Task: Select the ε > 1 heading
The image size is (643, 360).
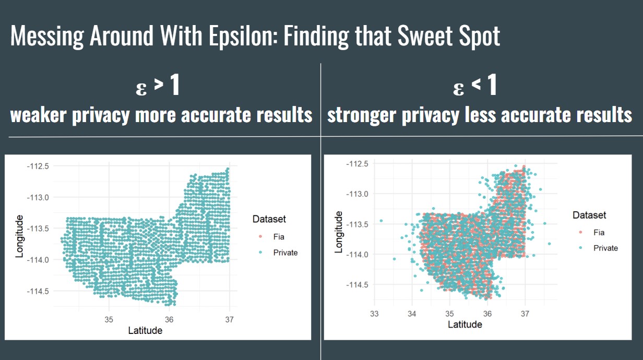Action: [158, 87]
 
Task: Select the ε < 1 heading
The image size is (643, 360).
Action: [475, 87]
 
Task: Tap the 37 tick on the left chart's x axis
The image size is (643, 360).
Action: [229, 318]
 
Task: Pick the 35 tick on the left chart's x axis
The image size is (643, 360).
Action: [109, 318]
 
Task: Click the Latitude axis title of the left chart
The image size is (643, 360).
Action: [145, 330]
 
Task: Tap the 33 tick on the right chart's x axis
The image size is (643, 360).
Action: [374, 313]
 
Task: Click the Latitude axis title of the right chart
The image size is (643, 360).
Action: [465, 325]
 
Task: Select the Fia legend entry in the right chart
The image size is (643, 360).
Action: [599, 232]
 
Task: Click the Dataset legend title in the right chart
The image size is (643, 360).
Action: [589, 215]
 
